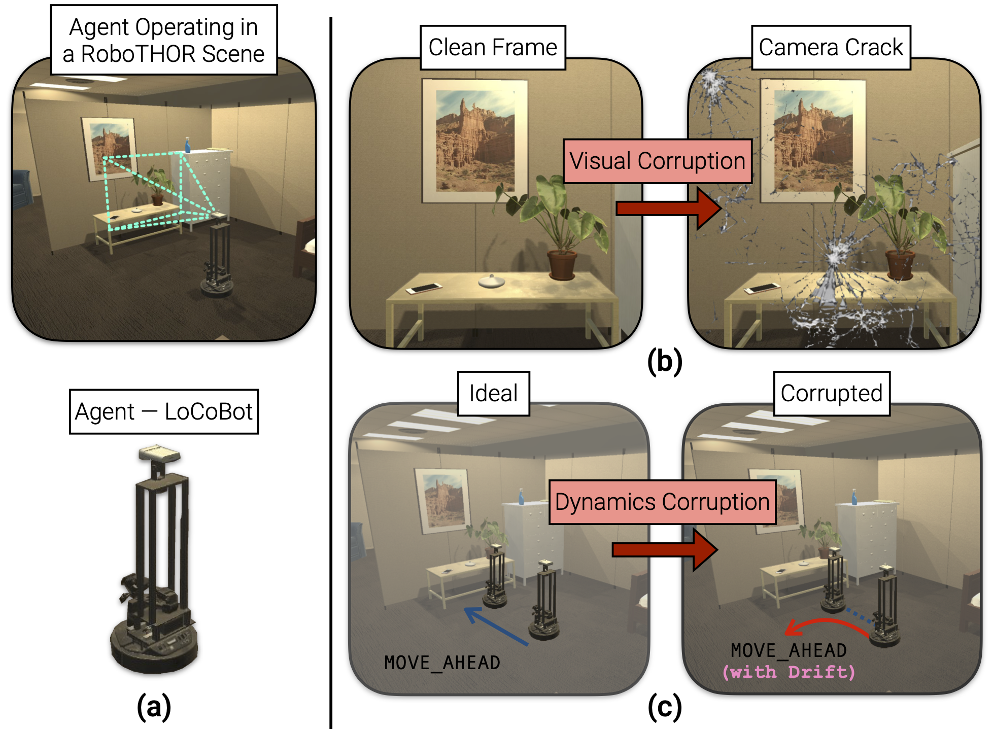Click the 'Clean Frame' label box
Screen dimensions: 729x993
(x=493, y=48)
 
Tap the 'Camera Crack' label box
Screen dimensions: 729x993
(x=831, y=48)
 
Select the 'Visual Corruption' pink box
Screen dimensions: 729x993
(x=657, y=161)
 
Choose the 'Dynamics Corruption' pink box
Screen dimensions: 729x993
(x=662, y=502)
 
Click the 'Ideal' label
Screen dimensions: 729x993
(x=493, y=394)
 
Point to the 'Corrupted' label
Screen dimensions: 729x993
(x=831, y=394)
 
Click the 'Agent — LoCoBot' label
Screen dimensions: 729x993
(x=163, y=411)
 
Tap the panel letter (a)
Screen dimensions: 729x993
(x=154, y=706)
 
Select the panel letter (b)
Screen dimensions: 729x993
(x=665, y=362)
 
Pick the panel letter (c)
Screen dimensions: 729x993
(x=665, y=707)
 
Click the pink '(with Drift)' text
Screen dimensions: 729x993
(x=789, y=672)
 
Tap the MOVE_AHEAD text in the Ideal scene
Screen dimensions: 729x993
(x=442, y=663)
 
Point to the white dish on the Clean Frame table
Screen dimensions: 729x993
(x=491, y=281)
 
